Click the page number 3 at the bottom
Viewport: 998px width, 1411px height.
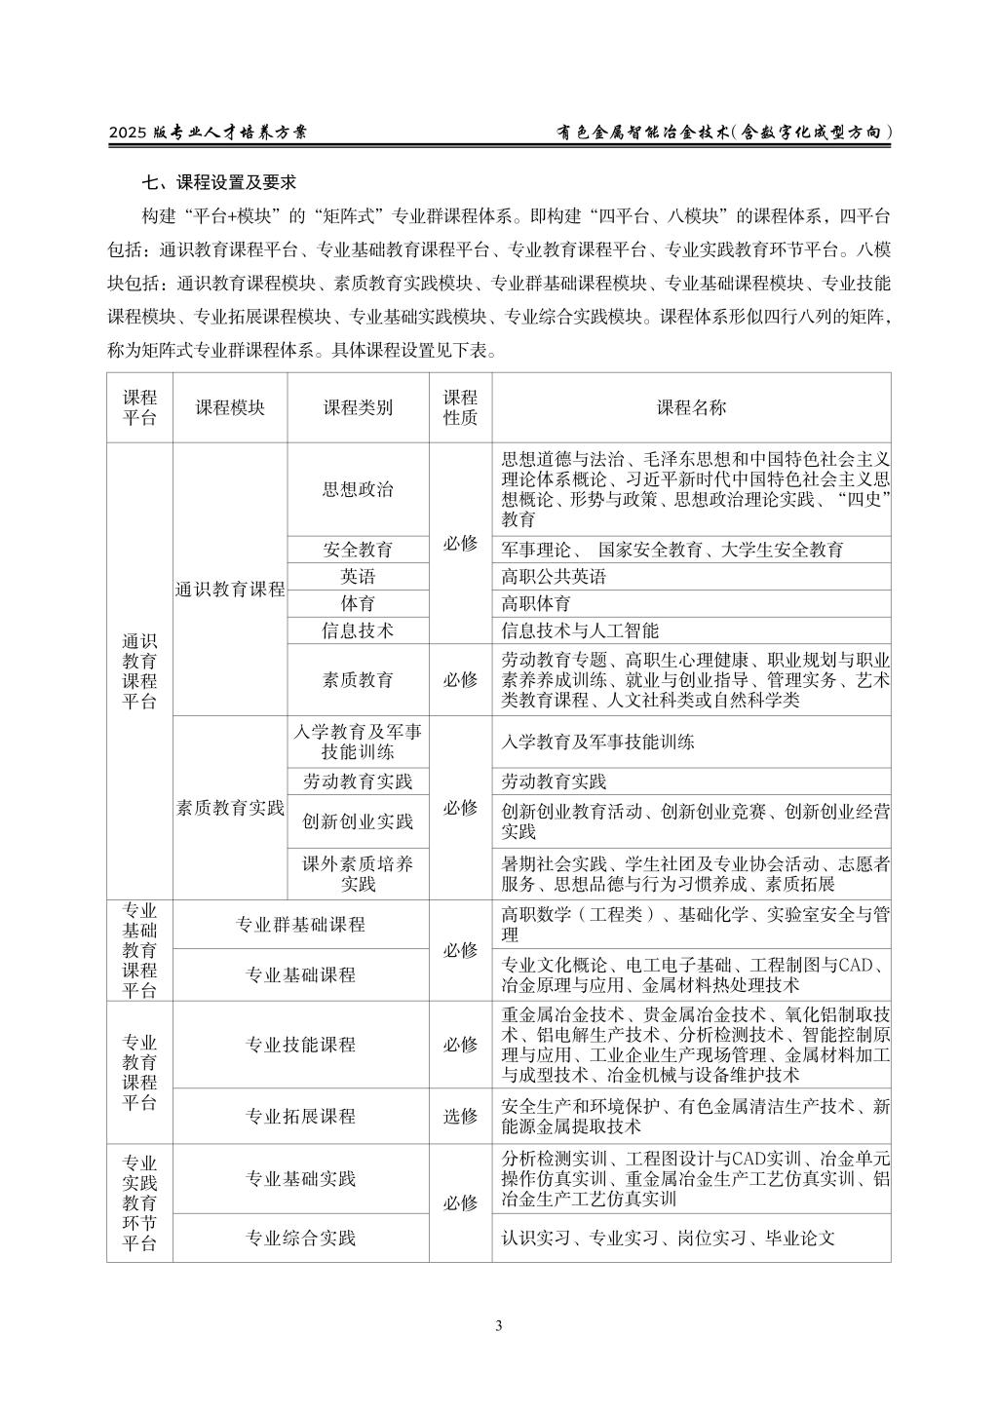pos(499,1325)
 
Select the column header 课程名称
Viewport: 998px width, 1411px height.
pos(691,407)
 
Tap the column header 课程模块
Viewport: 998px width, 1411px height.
pos(230,407)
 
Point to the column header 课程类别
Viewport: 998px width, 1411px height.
pos(358,407)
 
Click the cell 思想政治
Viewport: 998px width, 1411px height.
pos(358,489)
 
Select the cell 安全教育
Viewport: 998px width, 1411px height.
pos(358,550)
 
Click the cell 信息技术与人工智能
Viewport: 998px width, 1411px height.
pos(580,631)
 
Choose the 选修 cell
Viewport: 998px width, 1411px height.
pos(460,1117)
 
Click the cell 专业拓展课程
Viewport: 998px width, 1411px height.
pos(300,1117)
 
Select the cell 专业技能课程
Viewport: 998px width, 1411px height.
pos(300,1045)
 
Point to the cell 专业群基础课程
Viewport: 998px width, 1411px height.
pos(300,925)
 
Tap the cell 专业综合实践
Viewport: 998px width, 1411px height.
pos(300,1239)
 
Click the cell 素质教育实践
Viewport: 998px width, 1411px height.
pos(230,808)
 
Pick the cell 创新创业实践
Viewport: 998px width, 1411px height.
pos(358,821)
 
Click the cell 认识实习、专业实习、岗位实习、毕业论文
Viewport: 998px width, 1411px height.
pos(669,1239)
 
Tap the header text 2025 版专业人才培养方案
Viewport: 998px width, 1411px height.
pos(208,132)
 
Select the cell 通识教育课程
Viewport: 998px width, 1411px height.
pos(230,590)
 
